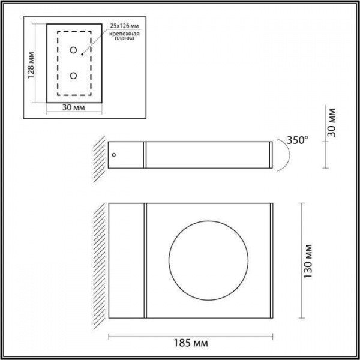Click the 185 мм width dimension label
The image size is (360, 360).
click(190, 343)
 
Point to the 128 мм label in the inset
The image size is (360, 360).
click(32, 64)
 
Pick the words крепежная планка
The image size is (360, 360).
click(125, 40)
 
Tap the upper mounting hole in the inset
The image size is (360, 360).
click(73, 50)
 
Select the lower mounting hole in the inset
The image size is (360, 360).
click(73, 76)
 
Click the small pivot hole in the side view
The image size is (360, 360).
click(115, 154)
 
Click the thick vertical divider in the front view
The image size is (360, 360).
click(145, 261)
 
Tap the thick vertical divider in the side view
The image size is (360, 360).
click(145, 155)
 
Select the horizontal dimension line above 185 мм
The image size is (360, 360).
click(190, 333)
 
